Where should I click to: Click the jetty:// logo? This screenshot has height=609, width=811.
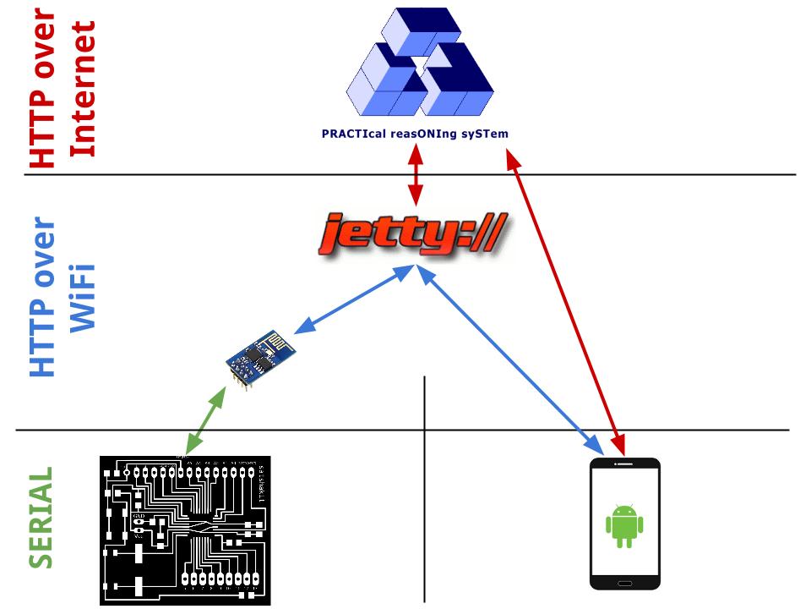coord(414,236)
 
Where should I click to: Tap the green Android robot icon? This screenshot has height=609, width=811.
coord(624,525)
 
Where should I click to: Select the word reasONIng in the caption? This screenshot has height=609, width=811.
coord(422,134)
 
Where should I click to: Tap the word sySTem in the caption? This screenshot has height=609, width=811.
coord(486,134)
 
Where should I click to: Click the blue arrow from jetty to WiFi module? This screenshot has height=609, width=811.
coord(354,297)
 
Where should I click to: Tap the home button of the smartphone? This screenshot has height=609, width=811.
coord(624,583)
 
